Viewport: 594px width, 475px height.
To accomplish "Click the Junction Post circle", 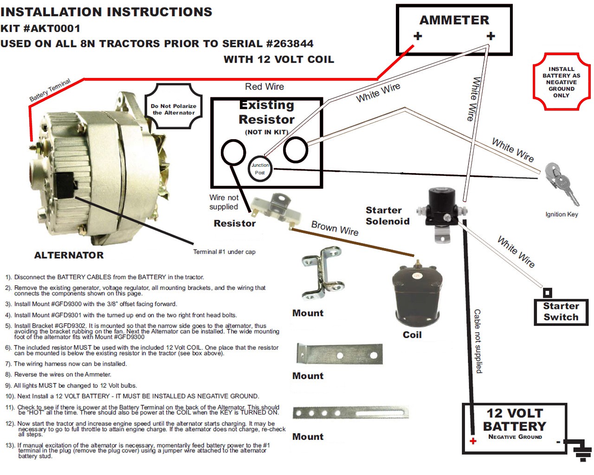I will tap(260, 169).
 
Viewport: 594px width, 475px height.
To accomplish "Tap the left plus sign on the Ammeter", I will tap(418, 36).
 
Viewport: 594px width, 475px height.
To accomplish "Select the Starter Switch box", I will tap(561, 312).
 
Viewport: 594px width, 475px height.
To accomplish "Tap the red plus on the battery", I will tap(473, 441).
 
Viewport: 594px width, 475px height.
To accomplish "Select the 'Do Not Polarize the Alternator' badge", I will tap(174, 107).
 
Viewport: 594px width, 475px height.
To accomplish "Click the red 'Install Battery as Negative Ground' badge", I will tap(561, 82).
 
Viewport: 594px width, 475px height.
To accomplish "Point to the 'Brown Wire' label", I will tap(335, 228).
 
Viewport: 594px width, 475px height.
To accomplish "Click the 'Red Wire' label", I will tap(264, 87).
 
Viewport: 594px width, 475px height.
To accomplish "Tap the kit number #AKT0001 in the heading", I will tap(52, 28).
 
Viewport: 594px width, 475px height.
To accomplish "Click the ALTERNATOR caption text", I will tap(69, 255).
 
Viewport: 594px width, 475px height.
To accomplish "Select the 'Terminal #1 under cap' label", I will tap(224, 252).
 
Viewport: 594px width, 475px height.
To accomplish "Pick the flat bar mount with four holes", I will tap(350, 412).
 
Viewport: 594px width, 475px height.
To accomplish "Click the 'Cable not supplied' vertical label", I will tap(478, 341).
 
